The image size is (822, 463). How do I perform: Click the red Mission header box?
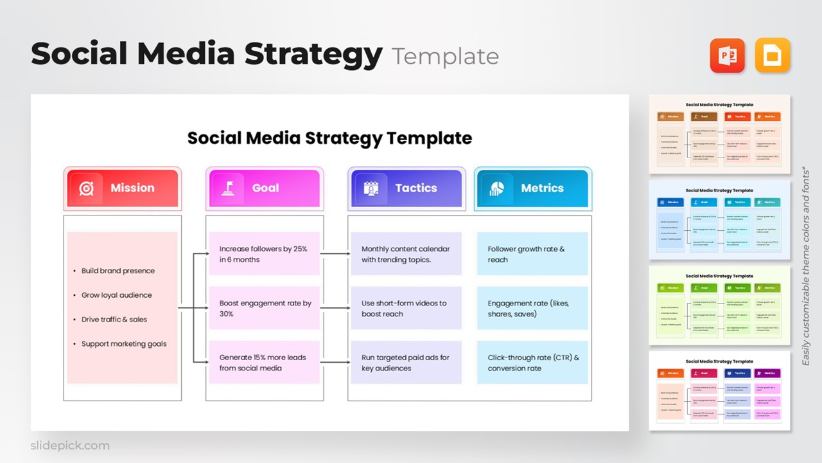123,188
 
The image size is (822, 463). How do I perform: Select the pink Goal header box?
265,188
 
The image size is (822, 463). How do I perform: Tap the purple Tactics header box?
405,188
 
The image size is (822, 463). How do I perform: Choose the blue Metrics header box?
533,188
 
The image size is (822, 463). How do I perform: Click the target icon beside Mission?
86,188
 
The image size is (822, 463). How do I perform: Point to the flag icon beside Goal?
228,188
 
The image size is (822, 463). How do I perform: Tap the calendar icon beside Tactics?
371,188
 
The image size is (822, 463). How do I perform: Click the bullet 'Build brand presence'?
118,271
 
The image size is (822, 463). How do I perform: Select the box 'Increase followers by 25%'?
264,254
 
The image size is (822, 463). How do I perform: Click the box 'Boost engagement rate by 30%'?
264,308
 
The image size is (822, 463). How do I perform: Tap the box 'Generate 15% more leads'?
264,363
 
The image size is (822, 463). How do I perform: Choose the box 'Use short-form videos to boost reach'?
406,308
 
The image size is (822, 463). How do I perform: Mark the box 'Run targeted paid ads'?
406,363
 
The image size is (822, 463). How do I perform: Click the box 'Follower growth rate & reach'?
532,254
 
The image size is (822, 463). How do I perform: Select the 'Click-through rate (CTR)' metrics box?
532,363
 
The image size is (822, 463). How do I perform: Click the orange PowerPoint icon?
727,55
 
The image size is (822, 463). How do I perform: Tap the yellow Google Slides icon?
773,55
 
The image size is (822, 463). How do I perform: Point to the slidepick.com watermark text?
70,446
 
